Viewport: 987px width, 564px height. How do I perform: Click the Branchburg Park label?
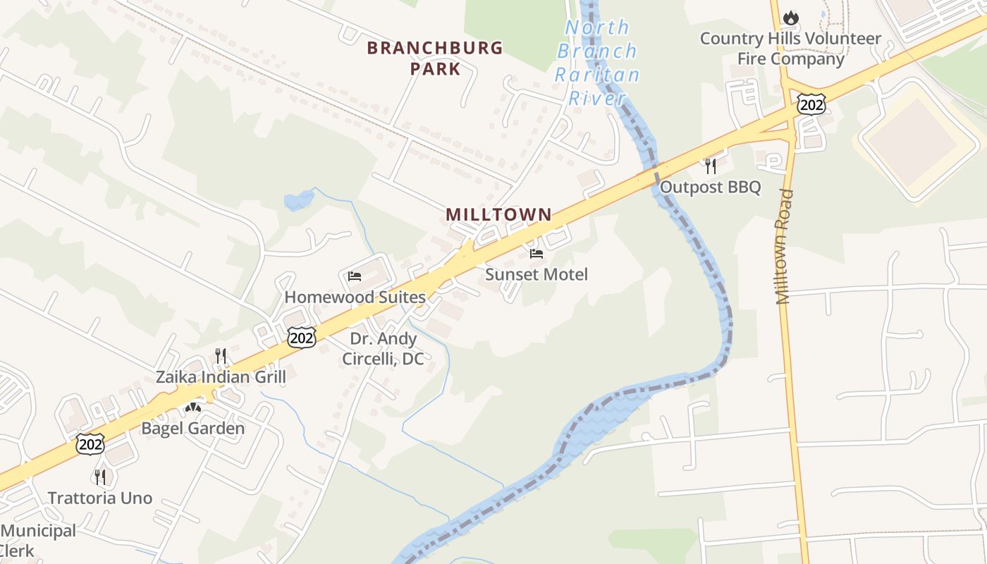coord(435,59)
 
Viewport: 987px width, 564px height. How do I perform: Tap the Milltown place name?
coord(498,214)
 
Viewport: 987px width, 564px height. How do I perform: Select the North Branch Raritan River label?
coord(597,63)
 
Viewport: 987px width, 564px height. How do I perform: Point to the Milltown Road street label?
coord(785,247)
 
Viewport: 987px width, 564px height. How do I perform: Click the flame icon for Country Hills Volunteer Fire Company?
coord(791,18)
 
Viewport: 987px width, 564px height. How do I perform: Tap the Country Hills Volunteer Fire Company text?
coord(790,49)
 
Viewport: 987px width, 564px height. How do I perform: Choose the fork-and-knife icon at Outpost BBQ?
coord(710,166)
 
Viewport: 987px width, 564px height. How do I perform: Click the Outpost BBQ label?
coord(710,187)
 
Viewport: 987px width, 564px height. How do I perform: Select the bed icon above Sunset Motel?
coord(537,254)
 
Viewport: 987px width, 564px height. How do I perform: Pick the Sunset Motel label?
coord(537,274)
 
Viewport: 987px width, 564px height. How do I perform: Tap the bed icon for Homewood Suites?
coord(355,276)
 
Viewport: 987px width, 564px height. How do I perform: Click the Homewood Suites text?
coord(355,297)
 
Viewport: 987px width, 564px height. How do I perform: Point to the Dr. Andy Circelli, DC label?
coord(384,349)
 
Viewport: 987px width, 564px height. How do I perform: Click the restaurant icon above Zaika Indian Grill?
coord(221,355)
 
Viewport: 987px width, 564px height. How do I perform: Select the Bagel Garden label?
coord(193,428)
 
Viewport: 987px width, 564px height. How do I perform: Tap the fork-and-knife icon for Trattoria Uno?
coord(100,477)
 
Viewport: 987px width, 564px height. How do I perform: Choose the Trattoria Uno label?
coord(100,498)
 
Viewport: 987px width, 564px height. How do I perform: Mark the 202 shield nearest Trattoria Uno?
coord(91,444)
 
